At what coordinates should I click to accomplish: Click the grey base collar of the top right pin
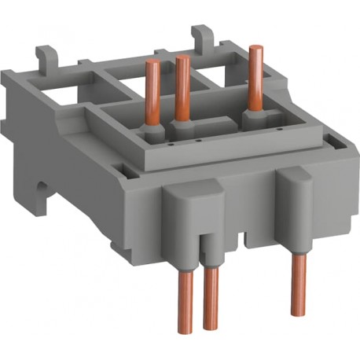click(253, 116)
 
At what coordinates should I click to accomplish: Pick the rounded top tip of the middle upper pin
click(182, 58)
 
